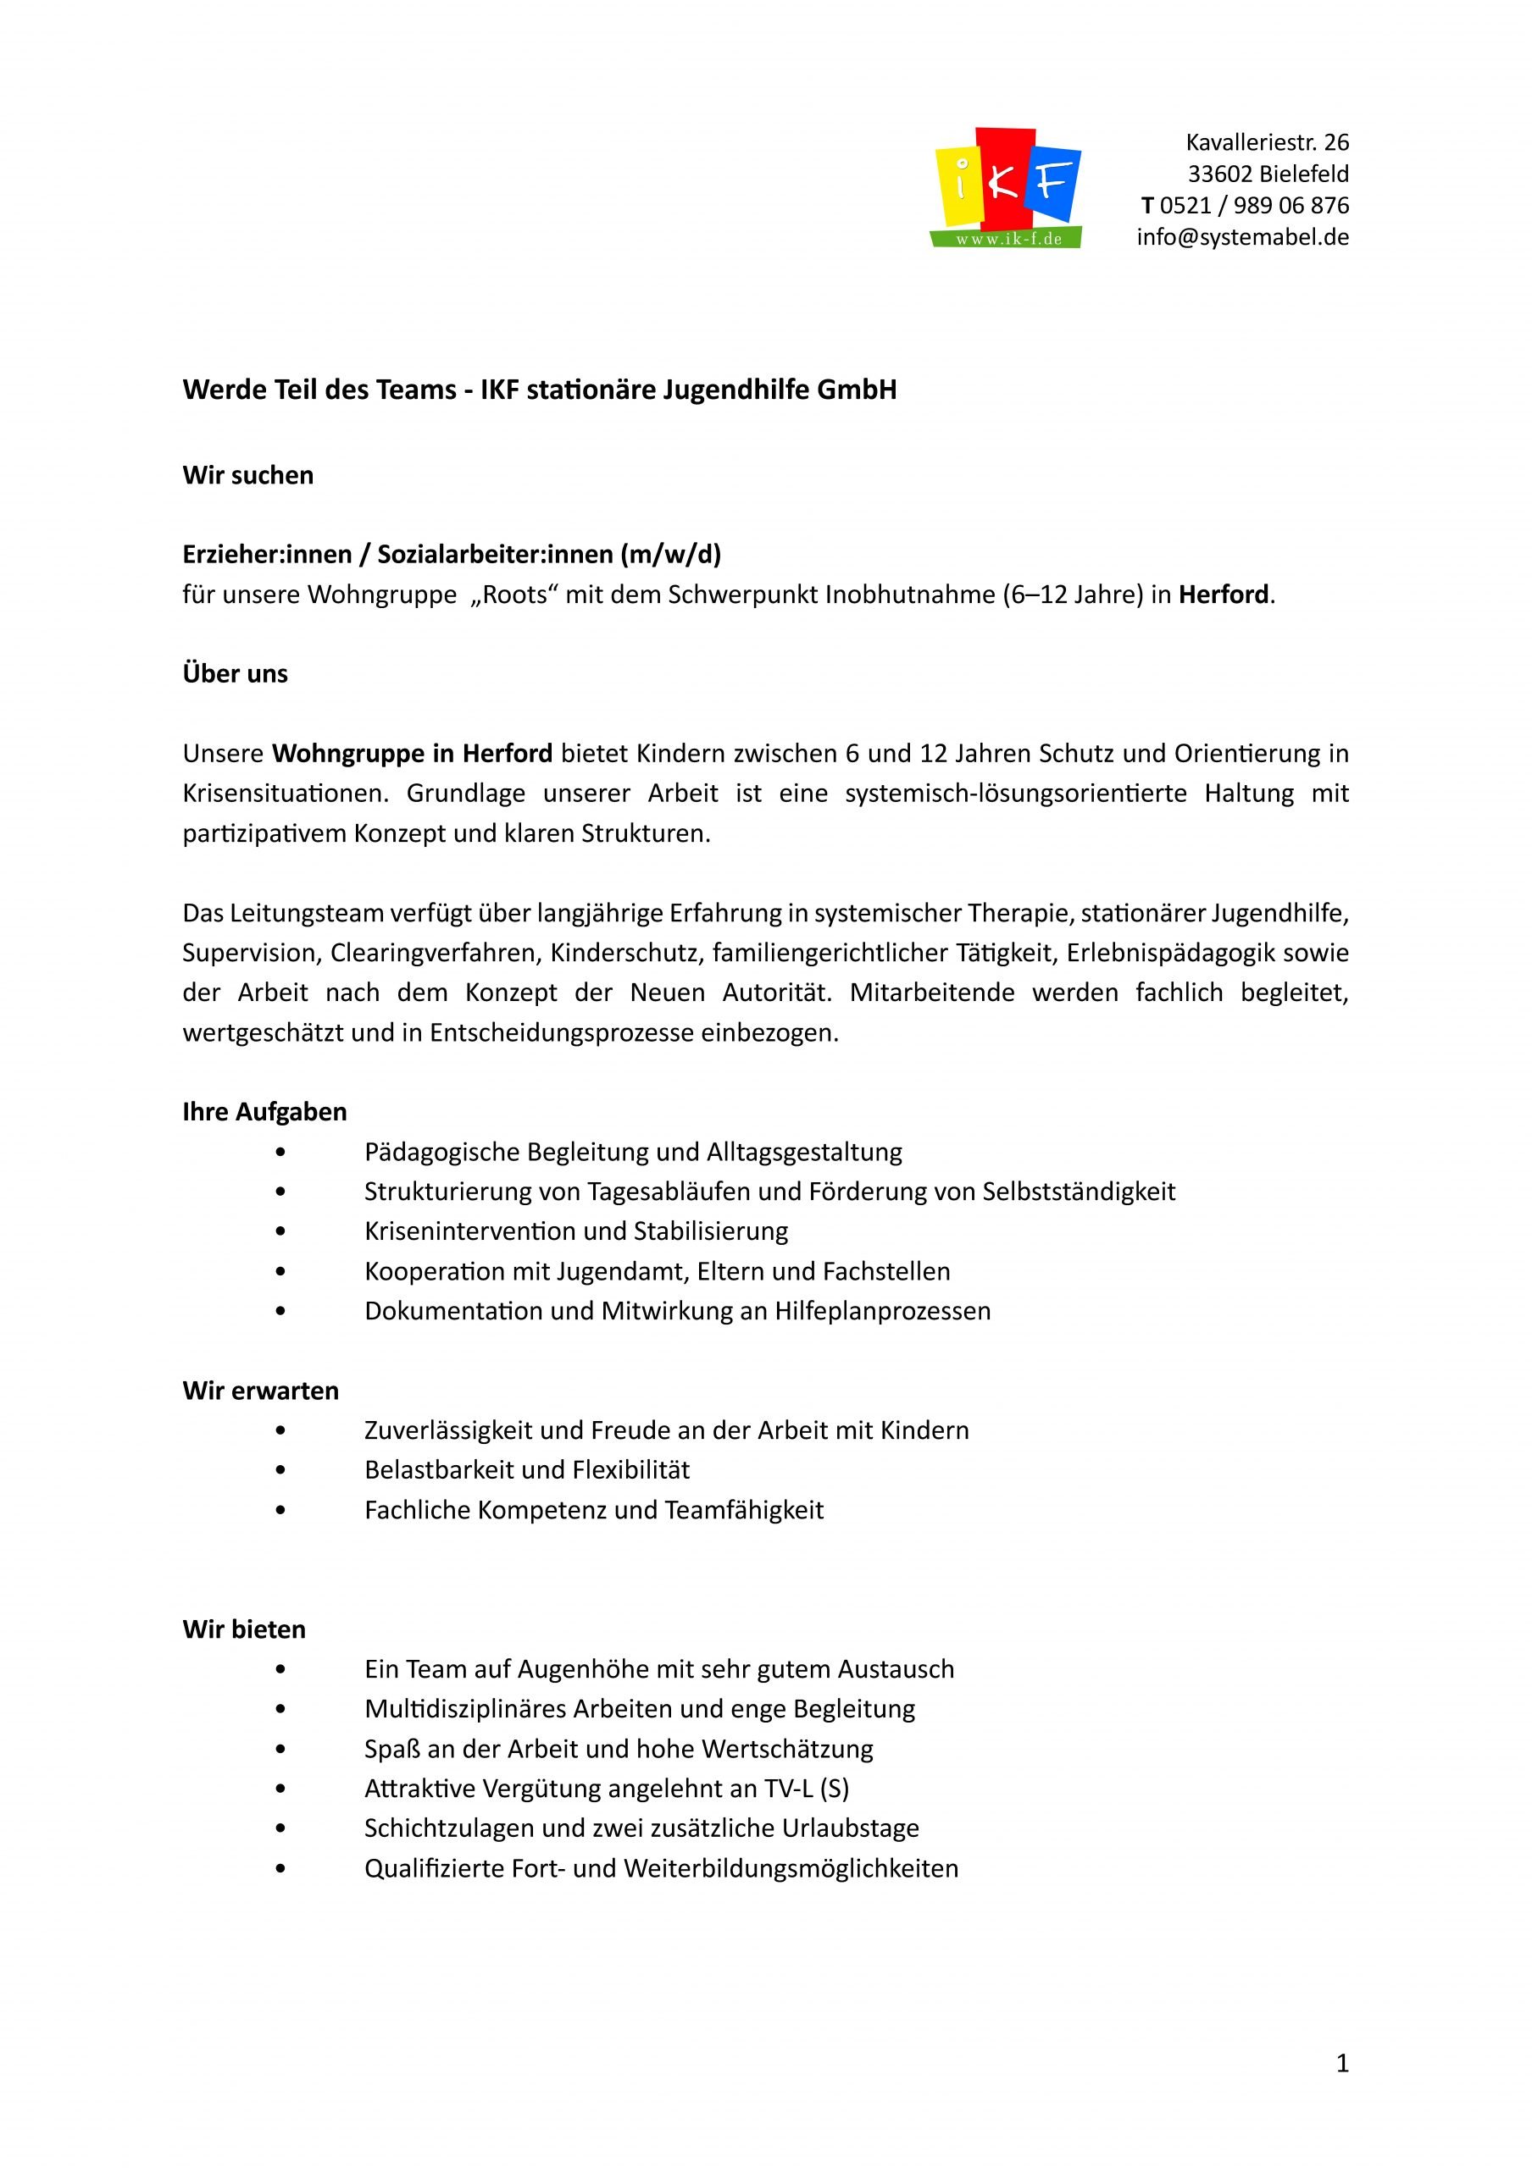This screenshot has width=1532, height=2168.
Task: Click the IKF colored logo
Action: coord(1007,187)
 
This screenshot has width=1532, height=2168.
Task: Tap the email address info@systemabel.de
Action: coord(1242,237)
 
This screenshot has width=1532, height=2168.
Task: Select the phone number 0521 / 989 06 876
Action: coord(1253,206)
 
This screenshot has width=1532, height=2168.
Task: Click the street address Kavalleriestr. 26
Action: coord(1267,142)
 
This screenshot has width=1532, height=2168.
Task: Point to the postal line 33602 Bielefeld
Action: coord(1268,174)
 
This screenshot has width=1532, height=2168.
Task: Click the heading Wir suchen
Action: coord(247,475)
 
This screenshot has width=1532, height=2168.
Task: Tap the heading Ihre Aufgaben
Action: coord(264,1111)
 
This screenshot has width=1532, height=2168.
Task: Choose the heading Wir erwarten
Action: coord(260,1390)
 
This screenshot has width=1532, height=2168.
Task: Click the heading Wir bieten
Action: coord(244,1629)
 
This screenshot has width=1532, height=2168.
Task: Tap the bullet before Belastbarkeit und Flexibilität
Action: coord(280,1470)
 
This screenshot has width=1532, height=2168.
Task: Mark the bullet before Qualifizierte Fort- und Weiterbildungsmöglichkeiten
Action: coord(280,1869)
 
